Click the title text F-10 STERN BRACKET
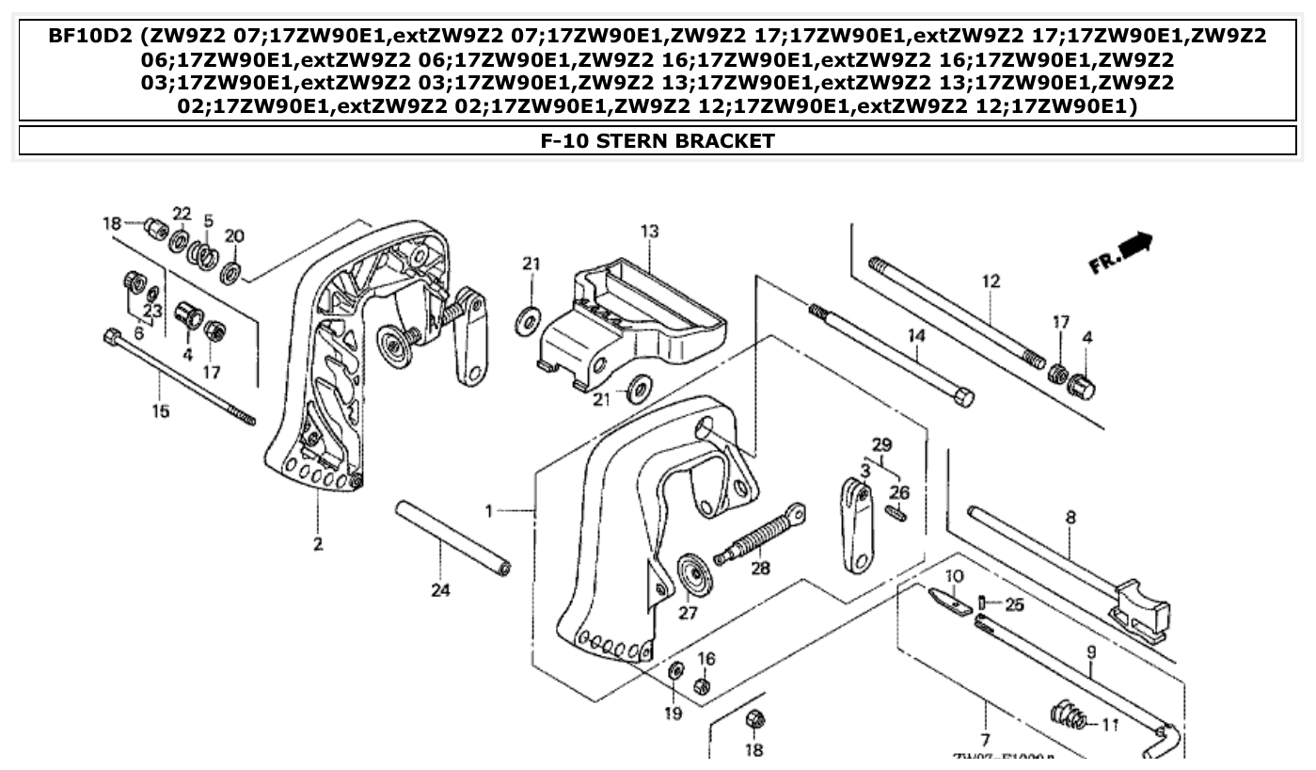658,141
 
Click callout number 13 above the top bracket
649,232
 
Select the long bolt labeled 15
178,376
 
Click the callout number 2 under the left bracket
318,543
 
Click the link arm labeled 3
855,527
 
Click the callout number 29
881,443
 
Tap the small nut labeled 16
702,686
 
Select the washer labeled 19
674,672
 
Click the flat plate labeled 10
950,601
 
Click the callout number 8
1070,517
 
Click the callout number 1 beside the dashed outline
489,511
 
